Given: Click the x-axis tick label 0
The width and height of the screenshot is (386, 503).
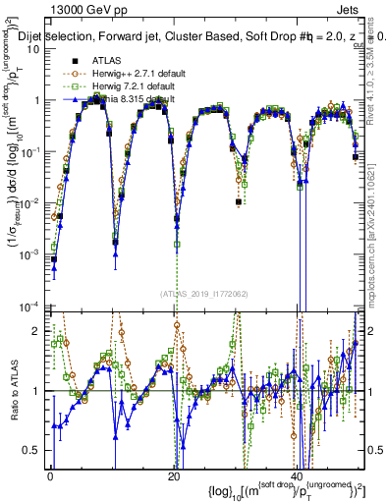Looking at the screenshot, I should click(50, 476).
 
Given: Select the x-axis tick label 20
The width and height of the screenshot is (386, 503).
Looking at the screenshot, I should click(173, 476).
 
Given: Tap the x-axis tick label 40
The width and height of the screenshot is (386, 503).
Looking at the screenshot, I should click(297, 476).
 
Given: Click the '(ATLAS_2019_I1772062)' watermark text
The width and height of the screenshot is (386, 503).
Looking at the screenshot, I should click(204, 294).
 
